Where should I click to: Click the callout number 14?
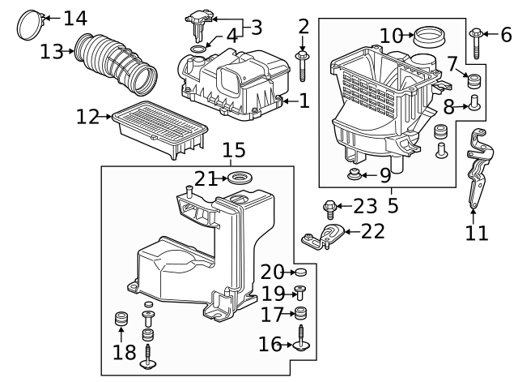pos(74,18)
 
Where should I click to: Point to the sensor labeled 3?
pos(199,21)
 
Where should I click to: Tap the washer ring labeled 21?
pos(239,178)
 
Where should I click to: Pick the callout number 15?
pos(233,150)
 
